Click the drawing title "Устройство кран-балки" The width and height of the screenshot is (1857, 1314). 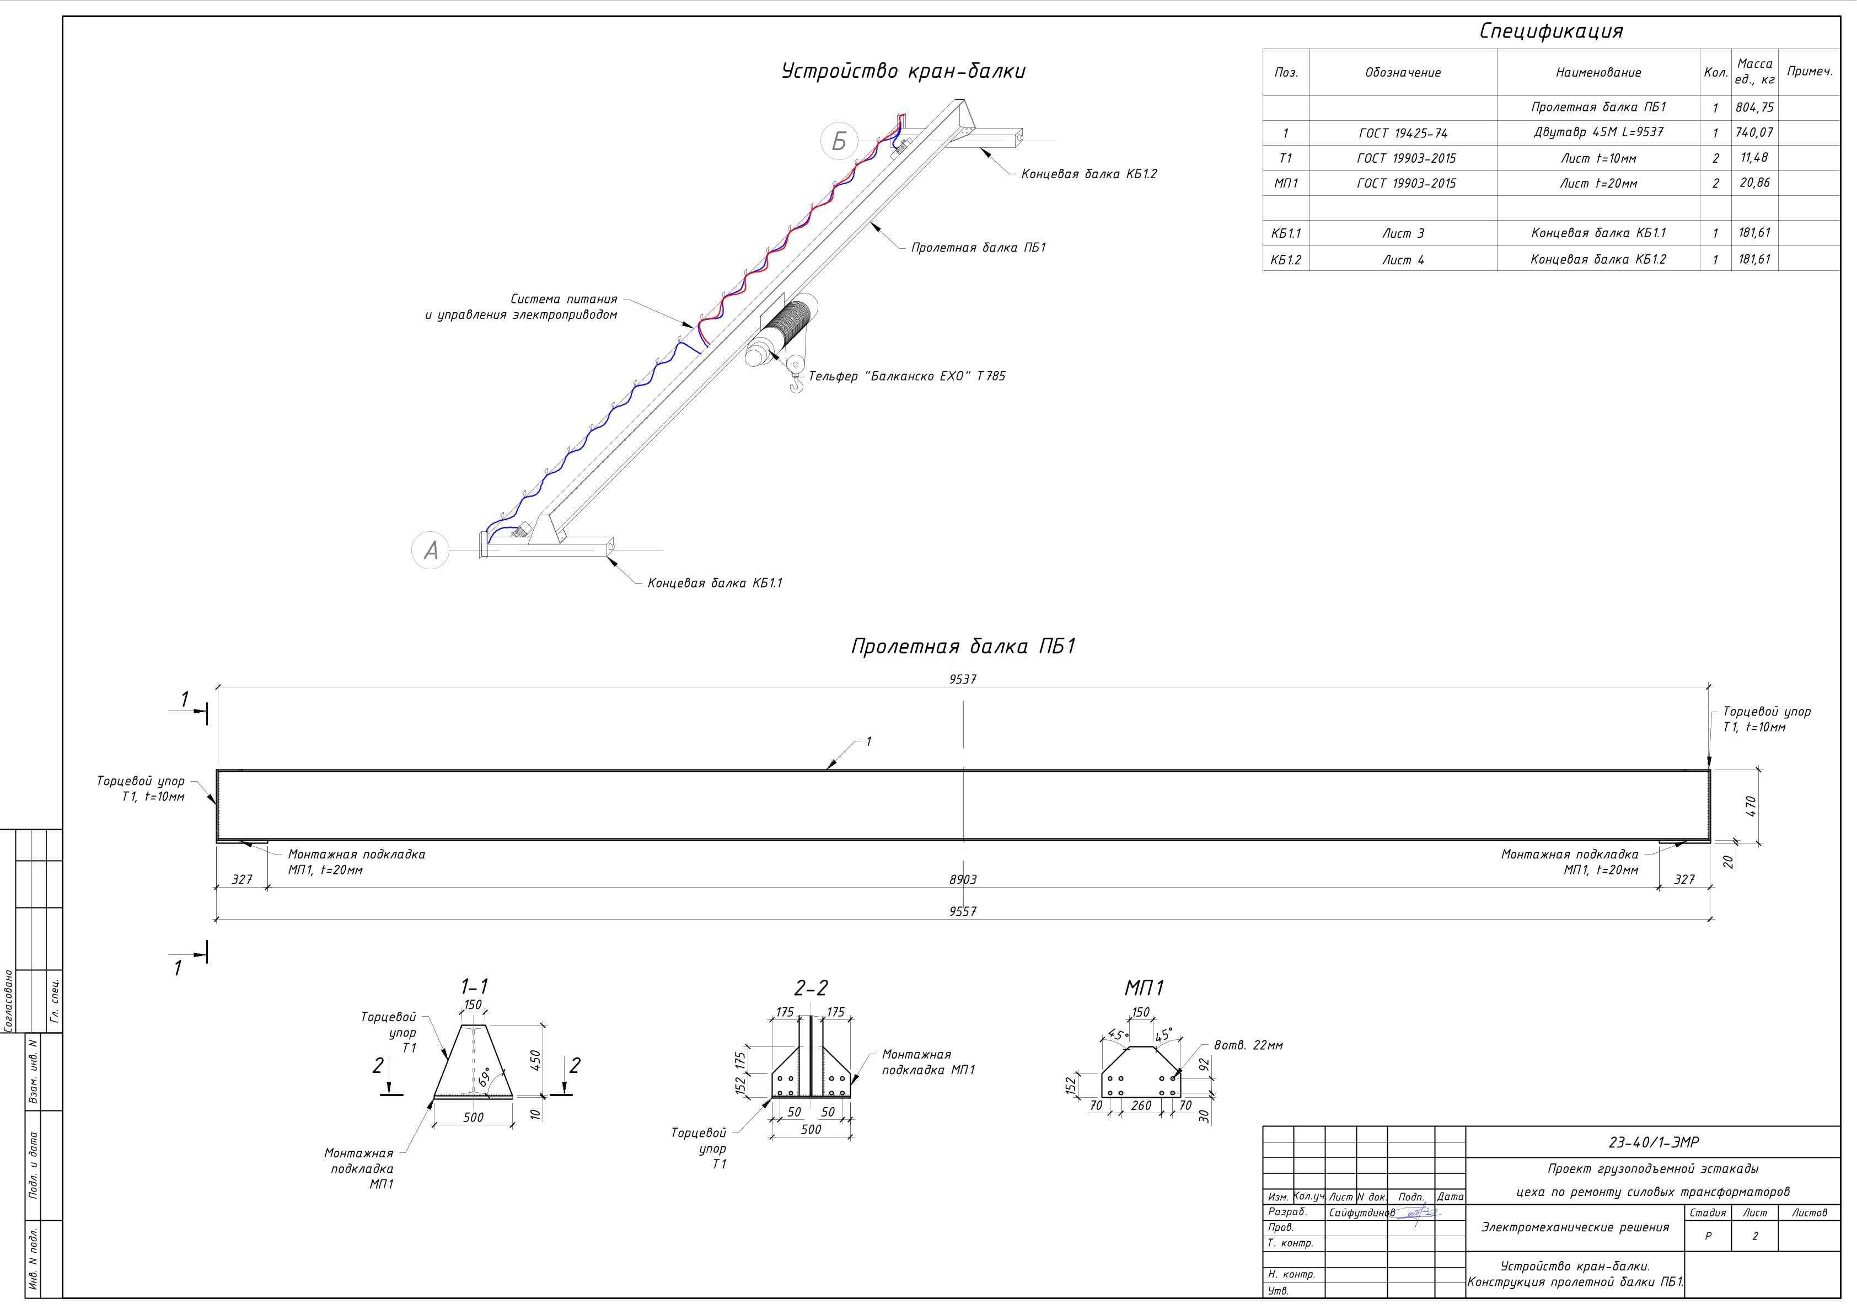pos(904,71)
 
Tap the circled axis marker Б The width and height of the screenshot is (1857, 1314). pos(839,141)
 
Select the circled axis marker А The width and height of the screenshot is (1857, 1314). pos(430,550)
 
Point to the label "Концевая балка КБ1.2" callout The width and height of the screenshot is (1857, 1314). pos(1088,174)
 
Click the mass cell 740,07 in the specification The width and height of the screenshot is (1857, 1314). pos(1754,132)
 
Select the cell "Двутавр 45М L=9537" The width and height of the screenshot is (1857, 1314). pos(1598,132)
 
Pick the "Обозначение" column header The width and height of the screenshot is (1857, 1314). pos(1403,73)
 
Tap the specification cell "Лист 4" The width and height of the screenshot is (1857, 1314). pos(1403,260)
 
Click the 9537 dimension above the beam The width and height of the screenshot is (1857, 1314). pos(963,680)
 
